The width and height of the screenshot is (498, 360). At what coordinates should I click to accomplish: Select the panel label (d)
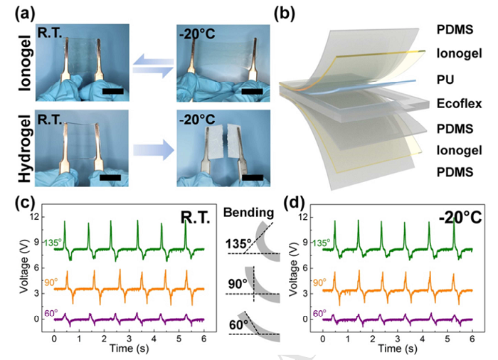(296, 201)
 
